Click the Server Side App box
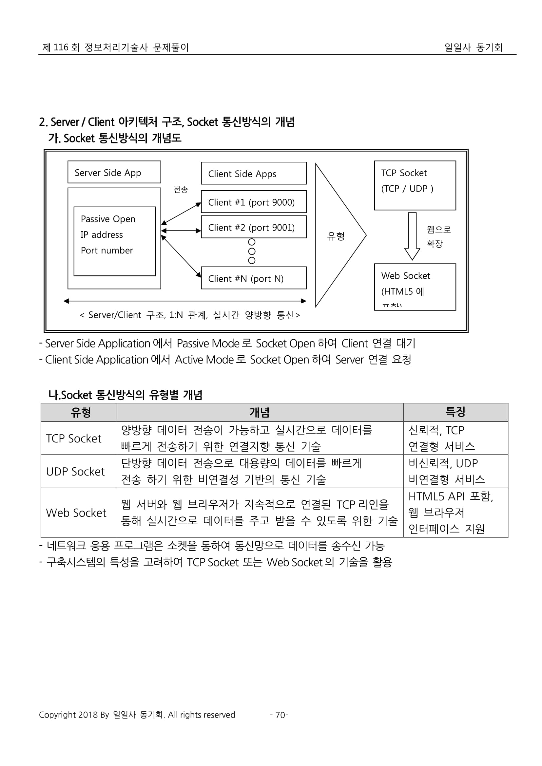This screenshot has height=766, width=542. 114,172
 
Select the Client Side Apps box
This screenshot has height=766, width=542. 254,174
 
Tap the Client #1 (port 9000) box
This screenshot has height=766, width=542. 254,202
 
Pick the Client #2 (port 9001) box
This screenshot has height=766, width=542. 254,227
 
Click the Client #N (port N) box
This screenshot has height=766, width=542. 254,278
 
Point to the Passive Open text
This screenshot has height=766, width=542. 108,219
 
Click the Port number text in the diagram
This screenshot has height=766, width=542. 107,250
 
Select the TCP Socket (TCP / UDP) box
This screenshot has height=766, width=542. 415,185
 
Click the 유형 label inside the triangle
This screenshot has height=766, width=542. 336,236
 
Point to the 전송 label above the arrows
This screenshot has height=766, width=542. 181,190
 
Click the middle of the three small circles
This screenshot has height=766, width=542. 252,251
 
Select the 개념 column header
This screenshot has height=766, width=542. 259,412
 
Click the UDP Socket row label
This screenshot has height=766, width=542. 75,471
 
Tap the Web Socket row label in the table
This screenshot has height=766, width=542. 76,513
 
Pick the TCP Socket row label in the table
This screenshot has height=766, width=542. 73,439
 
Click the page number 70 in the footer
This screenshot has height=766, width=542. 280,724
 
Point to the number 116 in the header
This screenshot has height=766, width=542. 61,47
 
